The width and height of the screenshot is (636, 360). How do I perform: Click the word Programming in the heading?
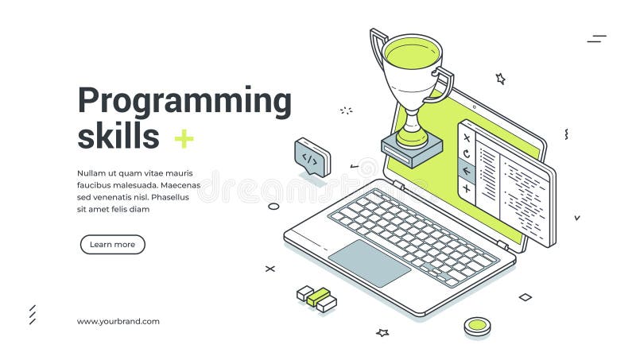click(x=184, y=103)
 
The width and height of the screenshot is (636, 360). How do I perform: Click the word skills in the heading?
click(x=118, y=137)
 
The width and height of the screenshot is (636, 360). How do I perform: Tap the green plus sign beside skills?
click(x=184, y=139)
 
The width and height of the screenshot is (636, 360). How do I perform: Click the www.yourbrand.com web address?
click(x=118, y=322)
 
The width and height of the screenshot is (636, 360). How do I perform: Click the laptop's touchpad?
click(x=369, y=262)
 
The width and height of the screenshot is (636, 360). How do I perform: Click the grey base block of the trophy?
click(x=412, y=150)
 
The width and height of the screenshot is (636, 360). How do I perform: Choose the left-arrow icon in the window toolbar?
click(x=467, y=171)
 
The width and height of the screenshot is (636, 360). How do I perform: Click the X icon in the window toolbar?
click(x=467, y=137)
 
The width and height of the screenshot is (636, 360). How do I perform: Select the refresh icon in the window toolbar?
click(x=467, y=153)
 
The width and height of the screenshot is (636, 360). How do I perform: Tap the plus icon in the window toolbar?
click(x=467, y=189)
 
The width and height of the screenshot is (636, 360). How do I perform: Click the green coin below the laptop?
click(x=477, y=324)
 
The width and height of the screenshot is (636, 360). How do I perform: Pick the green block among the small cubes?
click(x=318, y=296)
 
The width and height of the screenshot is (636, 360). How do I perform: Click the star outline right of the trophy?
click(x=500, y=79)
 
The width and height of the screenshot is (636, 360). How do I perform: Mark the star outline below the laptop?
click(x=382, y=332)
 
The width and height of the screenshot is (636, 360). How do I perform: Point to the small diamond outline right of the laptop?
click(x=525, y=297)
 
